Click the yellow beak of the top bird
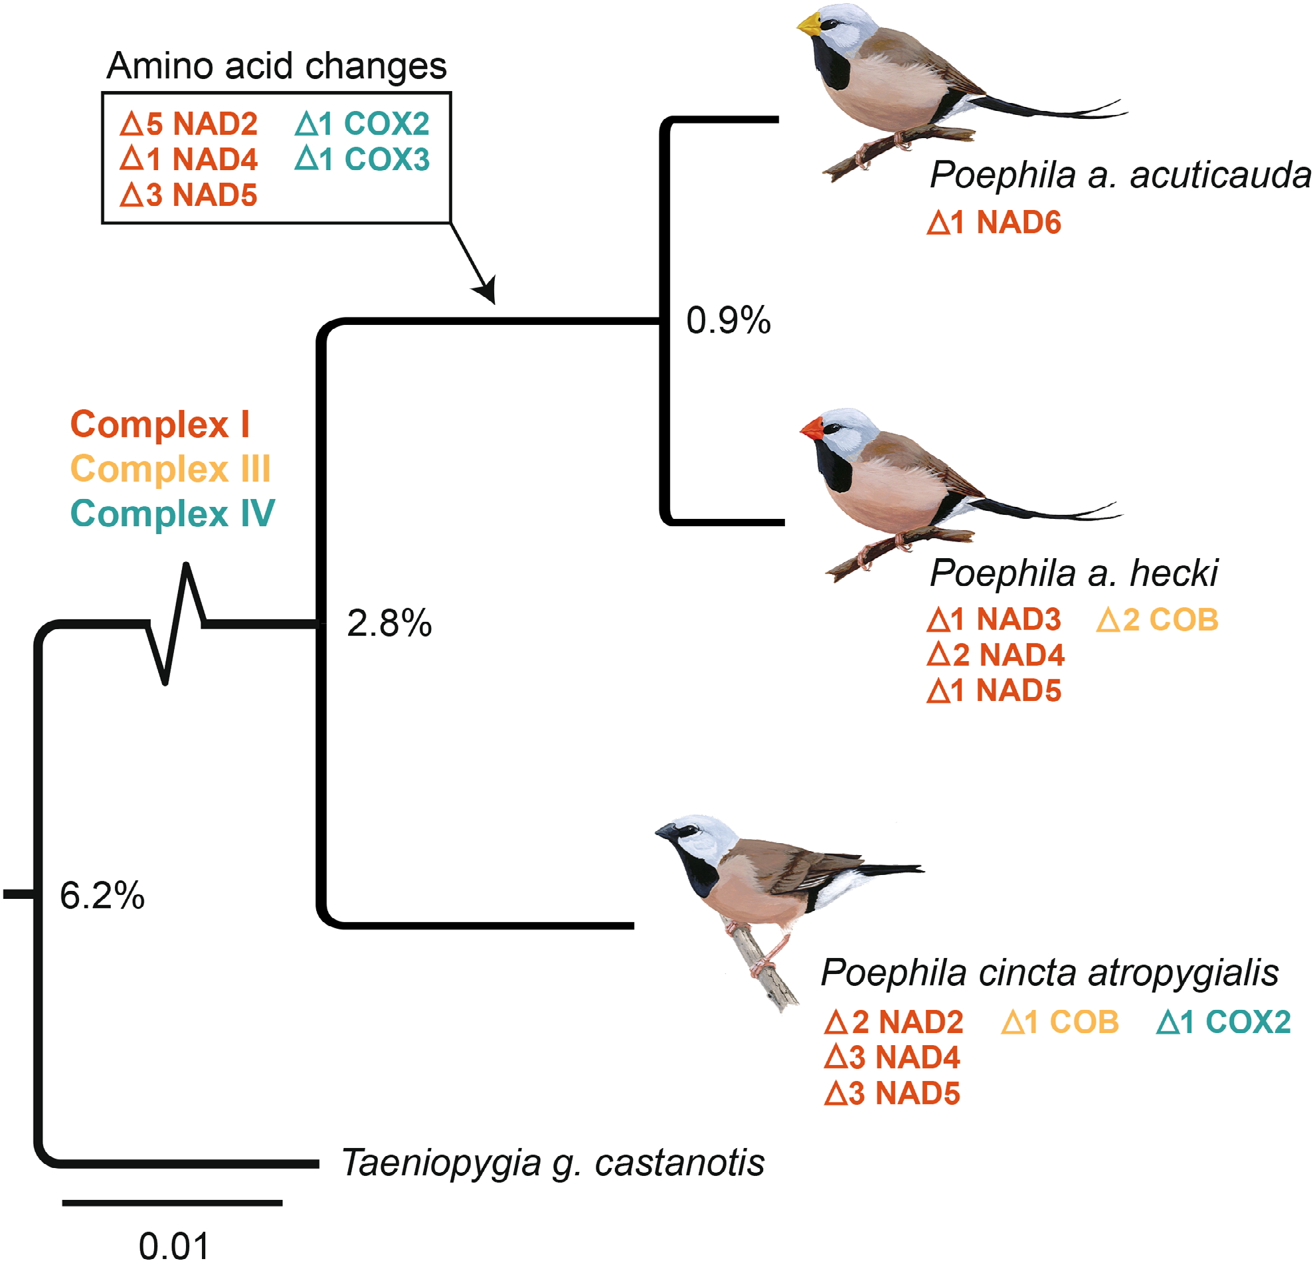point(810,25)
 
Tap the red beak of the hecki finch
point(813,428)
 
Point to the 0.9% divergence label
point(728,320)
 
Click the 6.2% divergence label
point(102,895)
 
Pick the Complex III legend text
point(171,468)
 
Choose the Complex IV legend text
point(173,514)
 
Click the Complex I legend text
point(159,424)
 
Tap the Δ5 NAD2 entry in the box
point(189,124)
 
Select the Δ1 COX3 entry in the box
point(363,159)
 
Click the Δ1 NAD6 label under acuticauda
point(994,223)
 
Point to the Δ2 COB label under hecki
point(1157,619)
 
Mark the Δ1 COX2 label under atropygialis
point(1223,1022)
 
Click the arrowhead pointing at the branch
point(486,291)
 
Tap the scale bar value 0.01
point(174,1246)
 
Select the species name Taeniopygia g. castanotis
point(553,1163)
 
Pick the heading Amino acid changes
point(276,66)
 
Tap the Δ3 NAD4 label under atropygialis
point(893,1058)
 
